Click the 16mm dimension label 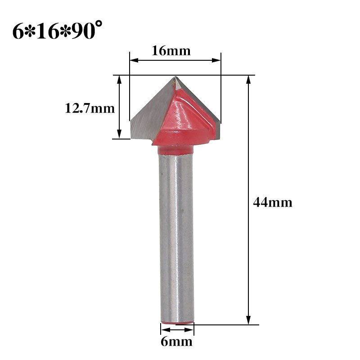coord(171,51)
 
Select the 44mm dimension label coord(272,202)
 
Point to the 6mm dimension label coord(176,342)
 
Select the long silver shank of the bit coord(176,234)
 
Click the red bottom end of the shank coord(177,322)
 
